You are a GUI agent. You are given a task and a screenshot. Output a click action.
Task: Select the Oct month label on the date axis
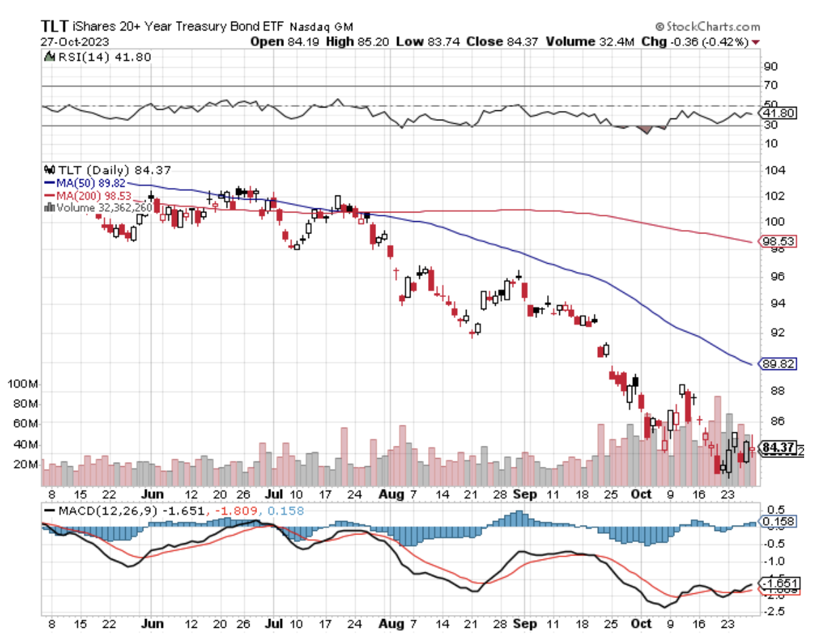640,495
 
